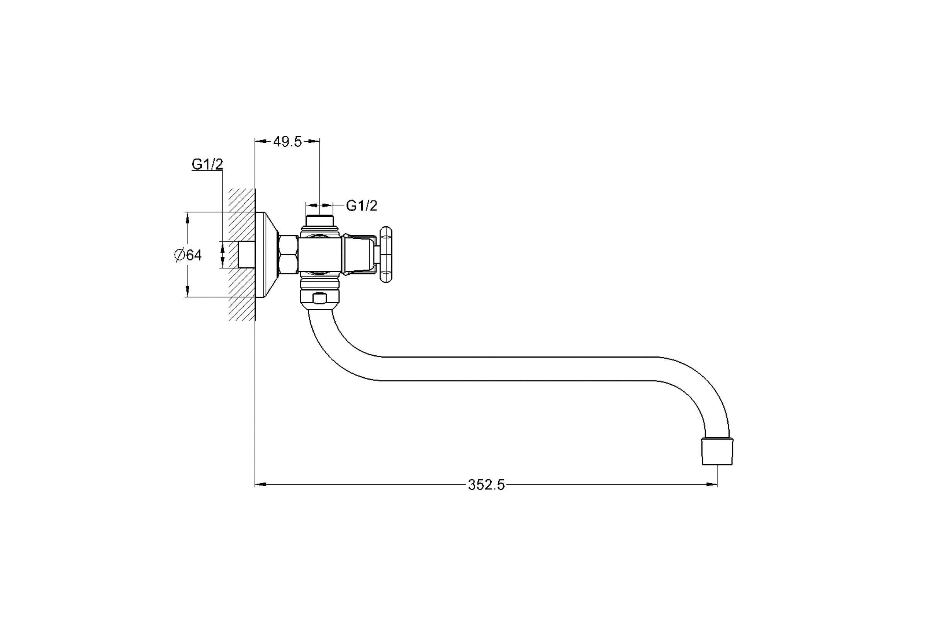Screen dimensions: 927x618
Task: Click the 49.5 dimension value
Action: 287,142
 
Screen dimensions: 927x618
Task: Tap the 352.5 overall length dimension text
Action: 486,485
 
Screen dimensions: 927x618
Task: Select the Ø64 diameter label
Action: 188,255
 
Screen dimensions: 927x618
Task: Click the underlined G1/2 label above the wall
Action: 207,165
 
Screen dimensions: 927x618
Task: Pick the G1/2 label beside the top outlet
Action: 362,205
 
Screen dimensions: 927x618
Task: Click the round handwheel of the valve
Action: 386,255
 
